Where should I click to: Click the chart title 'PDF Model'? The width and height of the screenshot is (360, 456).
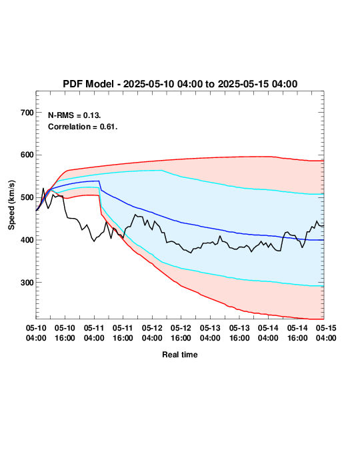click(x=88, y=84)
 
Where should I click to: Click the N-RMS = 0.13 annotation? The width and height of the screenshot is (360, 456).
click(x=74, y=115)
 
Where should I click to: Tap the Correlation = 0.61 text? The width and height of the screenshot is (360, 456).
click(x=83, y=127)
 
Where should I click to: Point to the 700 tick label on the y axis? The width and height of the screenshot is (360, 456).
click(x=27, y=113)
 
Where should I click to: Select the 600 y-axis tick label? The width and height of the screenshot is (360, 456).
click(x=27, y=155)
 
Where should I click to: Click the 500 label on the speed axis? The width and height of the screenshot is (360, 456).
click(x=27, y=197)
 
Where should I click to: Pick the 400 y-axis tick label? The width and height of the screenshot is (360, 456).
click(x=27, y=240)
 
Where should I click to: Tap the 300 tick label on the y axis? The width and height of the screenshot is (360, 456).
click(x=27, y=283)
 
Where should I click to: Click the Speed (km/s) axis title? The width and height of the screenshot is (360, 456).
click(x=11, y=205)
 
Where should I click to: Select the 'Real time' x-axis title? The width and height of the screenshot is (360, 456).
click(x=180, y=355)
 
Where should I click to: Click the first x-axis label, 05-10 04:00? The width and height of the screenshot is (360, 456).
click(x=36, y=333)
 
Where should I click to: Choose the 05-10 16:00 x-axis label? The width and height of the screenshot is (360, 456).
click(x=65, y=333)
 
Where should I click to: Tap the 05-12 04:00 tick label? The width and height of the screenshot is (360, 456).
click(x=152, y=333)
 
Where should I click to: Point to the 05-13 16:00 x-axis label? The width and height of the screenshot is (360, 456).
click(x=239, y=333)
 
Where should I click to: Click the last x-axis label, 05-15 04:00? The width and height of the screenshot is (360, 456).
click(x=326, y=333)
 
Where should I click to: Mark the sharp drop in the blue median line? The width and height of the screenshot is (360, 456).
click(x=100, y=185)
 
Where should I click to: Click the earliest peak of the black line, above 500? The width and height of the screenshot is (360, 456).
click(x=43, y=189)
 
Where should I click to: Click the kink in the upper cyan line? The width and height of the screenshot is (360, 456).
click(x=162, y=171)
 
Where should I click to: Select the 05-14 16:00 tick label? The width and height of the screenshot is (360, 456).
click(x=297, y=333)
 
